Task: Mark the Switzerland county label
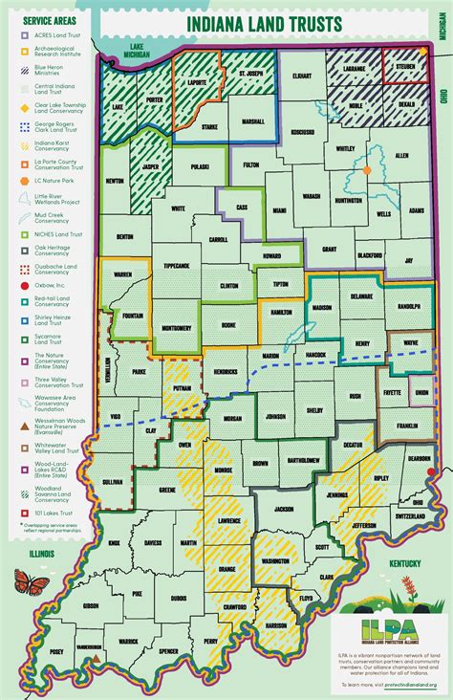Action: point(410,516)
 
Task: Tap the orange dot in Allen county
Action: point(366,170)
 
